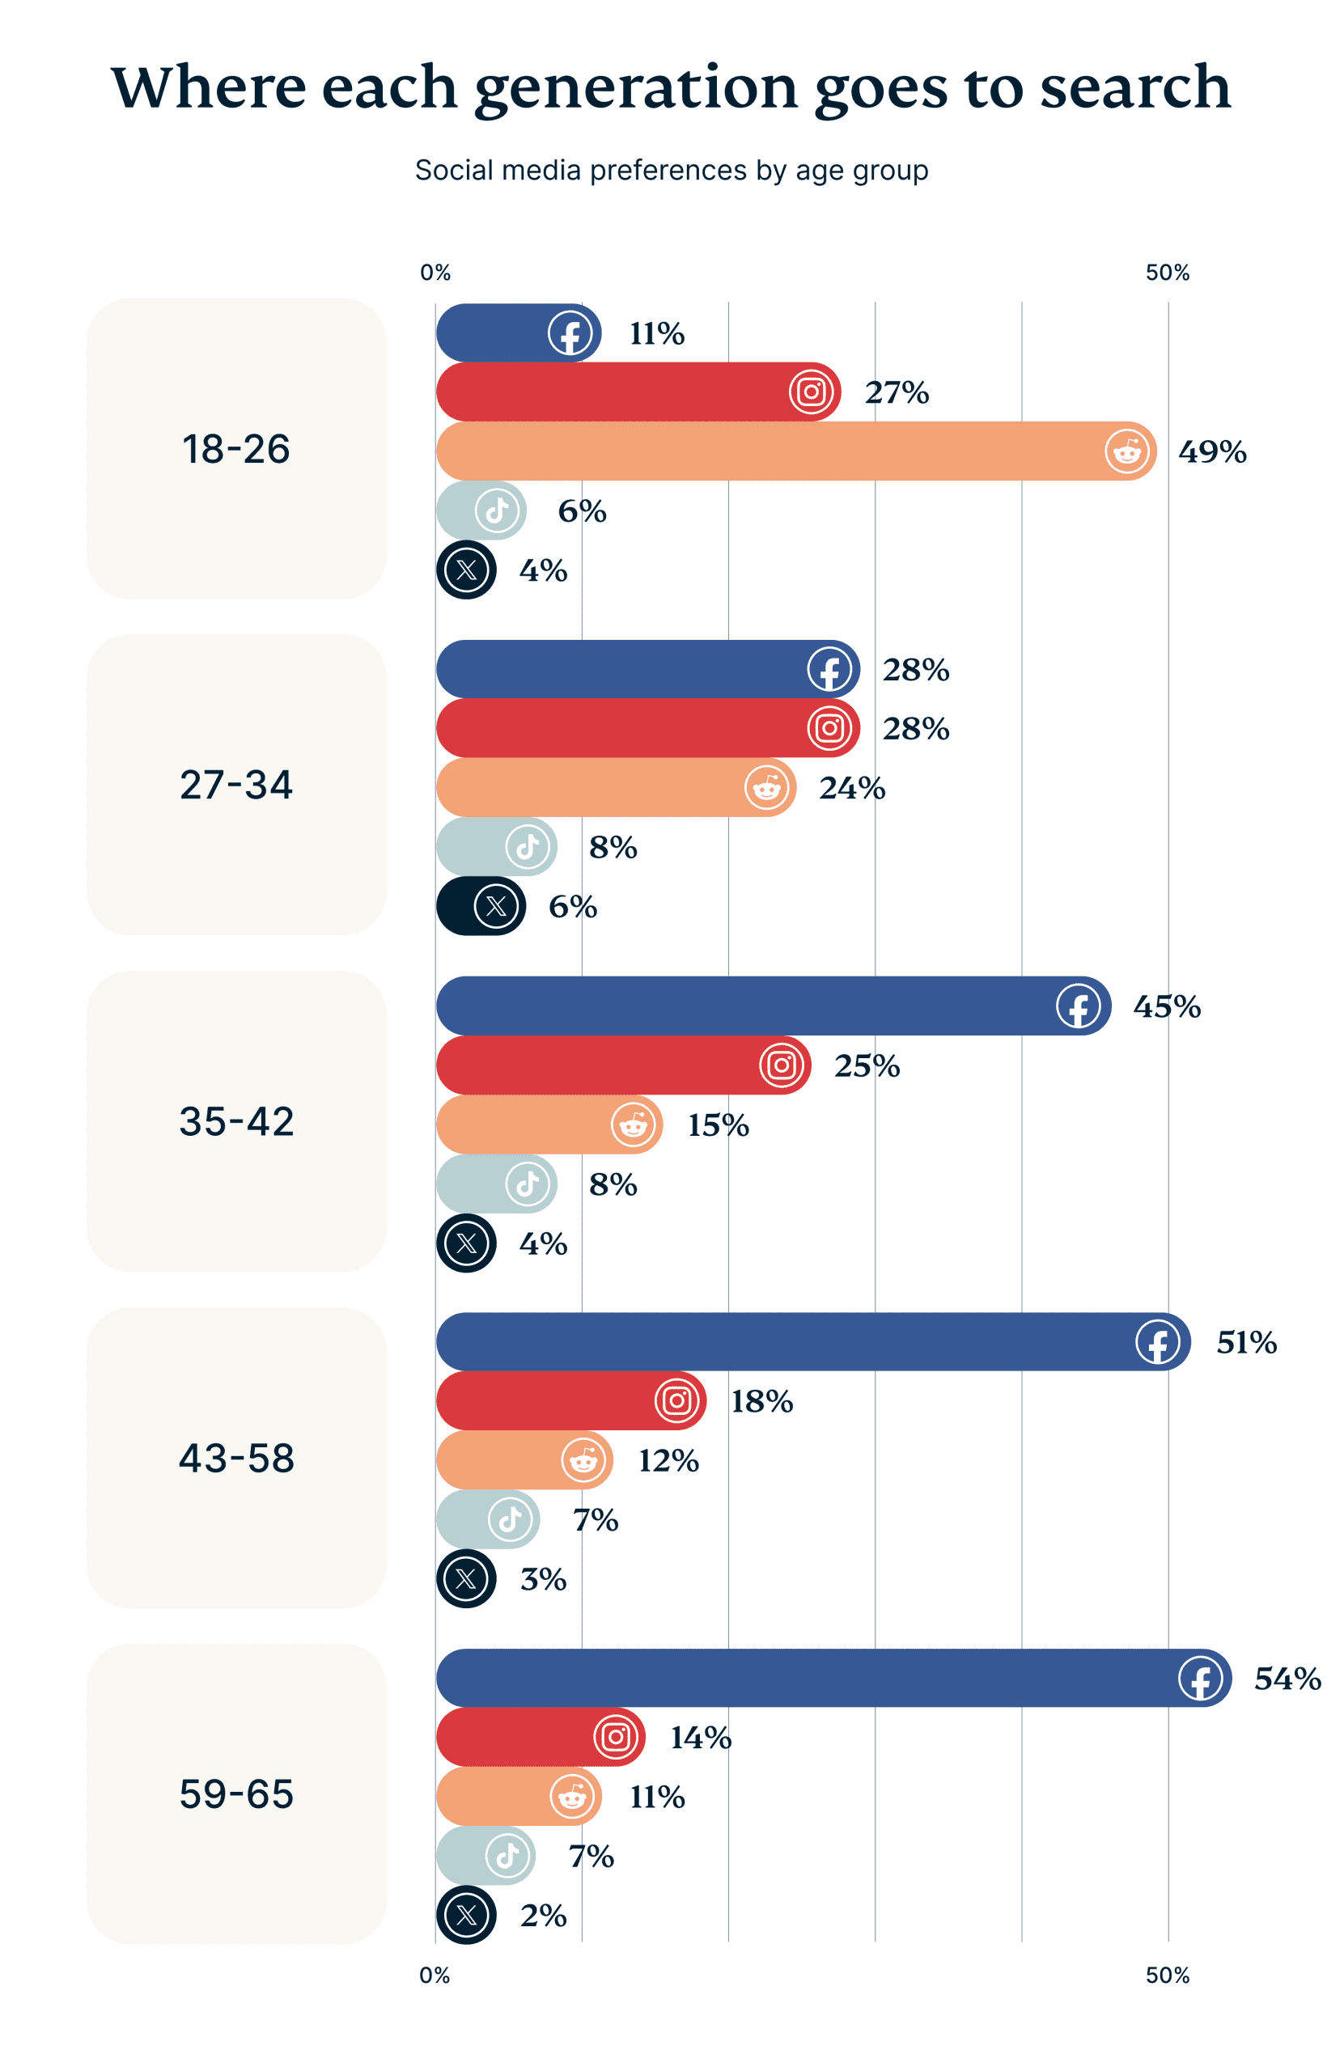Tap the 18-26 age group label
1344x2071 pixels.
pyautogui.click(x=236, y=449)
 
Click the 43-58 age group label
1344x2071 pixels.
pyautogui.click(x=236, y=1458)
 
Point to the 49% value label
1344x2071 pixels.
pyautogui.click(x=1211, y=451)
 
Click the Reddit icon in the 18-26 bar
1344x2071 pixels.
pyautogui.click(x=1126, y=451)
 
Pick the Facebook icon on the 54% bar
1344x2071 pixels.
pyautogui.click(x=1199, y=1678)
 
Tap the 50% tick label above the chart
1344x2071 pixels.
pyautogui.click(x=1167, y=273)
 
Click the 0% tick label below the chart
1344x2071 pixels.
pyautogui.click(x=435, y=1976)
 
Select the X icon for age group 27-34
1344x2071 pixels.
pyautogui.click(x=495, y=906)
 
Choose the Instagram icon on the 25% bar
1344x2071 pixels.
pyautogui.click(x=781, y=1065)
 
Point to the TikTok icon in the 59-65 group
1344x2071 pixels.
pyautogui.click(x=507, y=1855)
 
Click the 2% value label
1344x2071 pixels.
pyautogui.click(x=543, y=1915)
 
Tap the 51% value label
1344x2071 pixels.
pyautogui.click(x=1245, y=1342)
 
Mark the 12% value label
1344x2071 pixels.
pyautogui.click(x=668, y=1461)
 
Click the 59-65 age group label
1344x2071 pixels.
pyautogui.click(x=236, y=1794)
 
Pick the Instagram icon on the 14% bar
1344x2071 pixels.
pyautogui.click(x=616, y=1737)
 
